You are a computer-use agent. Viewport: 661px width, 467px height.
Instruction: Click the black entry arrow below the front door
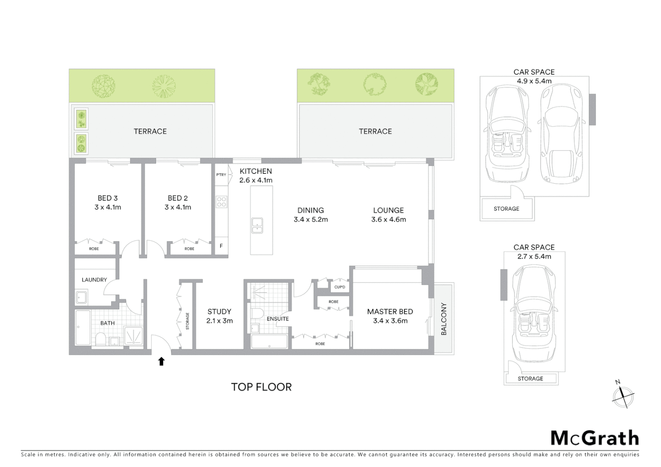161,361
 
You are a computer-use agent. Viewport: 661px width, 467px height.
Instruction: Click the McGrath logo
594,438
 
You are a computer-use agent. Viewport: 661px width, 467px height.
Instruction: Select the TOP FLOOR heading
261,387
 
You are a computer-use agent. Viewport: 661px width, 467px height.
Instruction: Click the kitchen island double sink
257,226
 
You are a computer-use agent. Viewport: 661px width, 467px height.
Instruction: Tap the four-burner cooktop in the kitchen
221,202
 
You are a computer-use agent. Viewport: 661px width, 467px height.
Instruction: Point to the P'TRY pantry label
221,175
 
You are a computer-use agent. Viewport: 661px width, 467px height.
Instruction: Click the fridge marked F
221,246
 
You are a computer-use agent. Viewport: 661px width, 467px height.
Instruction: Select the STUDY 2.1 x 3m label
219,316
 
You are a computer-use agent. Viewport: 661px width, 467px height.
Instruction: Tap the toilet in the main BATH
100,339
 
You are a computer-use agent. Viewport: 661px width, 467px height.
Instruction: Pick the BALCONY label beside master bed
443,319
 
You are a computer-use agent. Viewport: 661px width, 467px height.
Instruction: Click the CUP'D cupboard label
340,287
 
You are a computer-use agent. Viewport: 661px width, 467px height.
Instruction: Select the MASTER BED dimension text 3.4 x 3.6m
390,321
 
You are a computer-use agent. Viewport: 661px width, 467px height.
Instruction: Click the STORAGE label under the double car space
506,209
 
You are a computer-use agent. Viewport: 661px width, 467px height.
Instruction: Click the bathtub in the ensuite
269,342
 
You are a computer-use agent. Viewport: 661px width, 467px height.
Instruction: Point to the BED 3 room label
108,198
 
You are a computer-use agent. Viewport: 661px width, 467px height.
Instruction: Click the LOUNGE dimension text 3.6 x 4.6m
388,220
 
